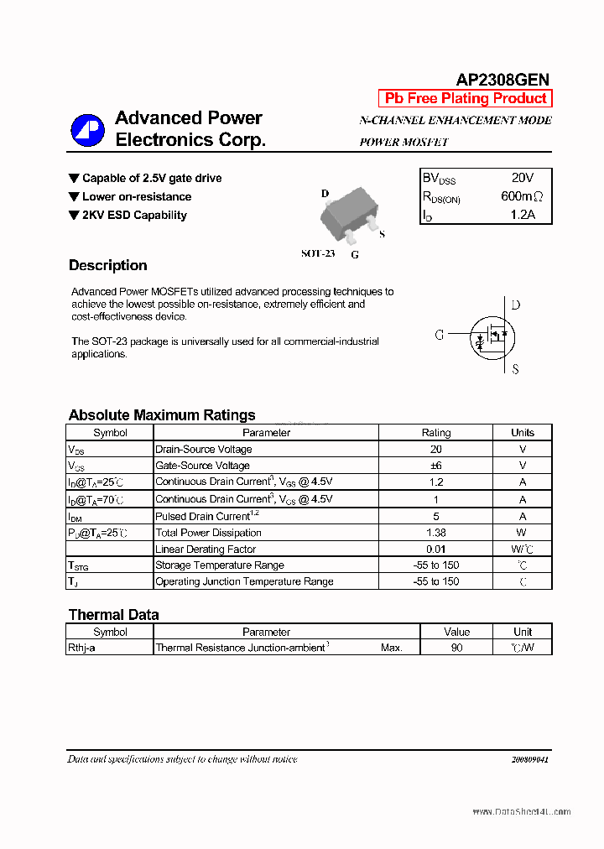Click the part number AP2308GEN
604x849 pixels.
(x=502, y=80)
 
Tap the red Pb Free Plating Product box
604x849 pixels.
(x=466, y=98)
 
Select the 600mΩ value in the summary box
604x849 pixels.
(x=522, y=196)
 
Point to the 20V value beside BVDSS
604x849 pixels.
(x=522, y=178)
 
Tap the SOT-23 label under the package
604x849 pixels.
(x=318, y=253)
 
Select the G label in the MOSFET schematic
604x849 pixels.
(x=439, y=334)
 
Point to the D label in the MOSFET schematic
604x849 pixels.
(x=515, y=305)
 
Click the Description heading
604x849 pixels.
(x=107, y=266)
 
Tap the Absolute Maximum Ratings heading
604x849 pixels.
(x=162, y=415)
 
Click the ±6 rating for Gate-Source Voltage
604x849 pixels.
(x=435, y=466)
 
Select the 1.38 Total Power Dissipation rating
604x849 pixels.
(x=435, y=533)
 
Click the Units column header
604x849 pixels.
(x=522, y=433)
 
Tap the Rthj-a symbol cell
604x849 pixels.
(x=81, y=648)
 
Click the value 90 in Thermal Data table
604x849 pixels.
(x=456, y=648)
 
